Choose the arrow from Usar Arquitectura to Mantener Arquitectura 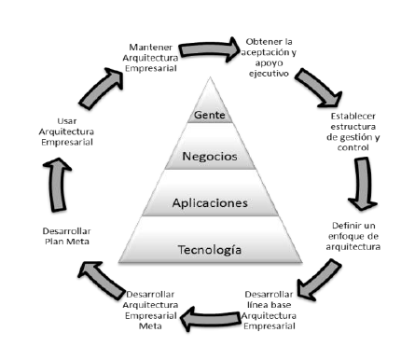[x=86, y=93]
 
